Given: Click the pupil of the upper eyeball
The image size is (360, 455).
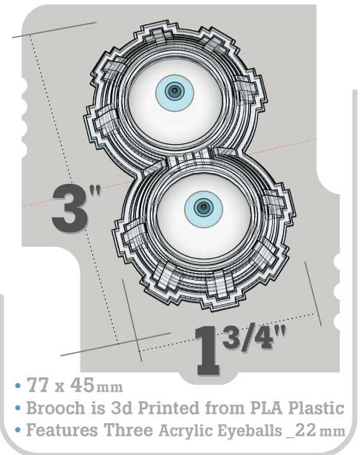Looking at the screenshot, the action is [174, 92].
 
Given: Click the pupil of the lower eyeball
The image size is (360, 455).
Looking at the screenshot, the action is [203, 207].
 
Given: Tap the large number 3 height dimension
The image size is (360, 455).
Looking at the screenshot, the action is [69, 208].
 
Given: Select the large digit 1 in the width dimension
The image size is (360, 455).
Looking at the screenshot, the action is [208, 350].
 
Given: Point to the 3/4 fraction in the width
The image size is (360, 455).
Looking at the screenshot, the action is [248, 337].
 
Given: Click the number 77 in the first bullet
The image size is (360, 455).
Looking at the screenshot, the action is [38, 385].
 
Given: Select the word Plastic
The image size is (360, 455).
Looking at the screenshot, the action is [316, 408].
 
